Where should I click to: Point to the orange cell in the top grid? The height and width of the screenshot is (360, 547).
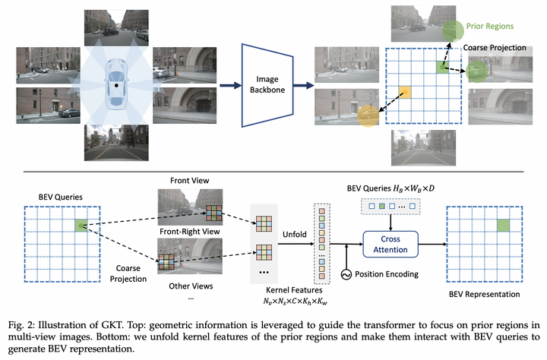point(406,93)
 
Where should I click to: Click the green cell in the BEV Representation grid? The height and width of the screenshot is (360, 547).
point(501,226)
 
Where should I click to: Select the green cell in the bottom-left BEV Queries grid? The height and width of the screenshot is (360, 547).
point(81,225)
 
